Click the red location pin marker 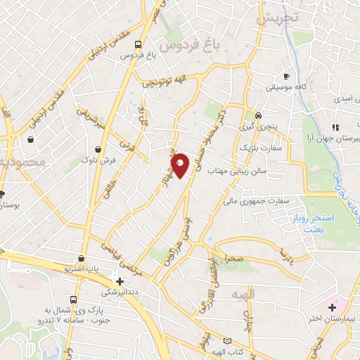[x=180, y=165]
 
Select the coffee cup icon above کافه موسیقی [x=286, y=76]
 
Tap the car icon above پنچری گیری [x=259, y=115]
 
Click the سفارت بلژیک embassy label [x=262, y=148]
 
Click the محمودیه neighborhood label [x=23, y=162]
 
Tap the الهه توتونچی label [x=164, y=80]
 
